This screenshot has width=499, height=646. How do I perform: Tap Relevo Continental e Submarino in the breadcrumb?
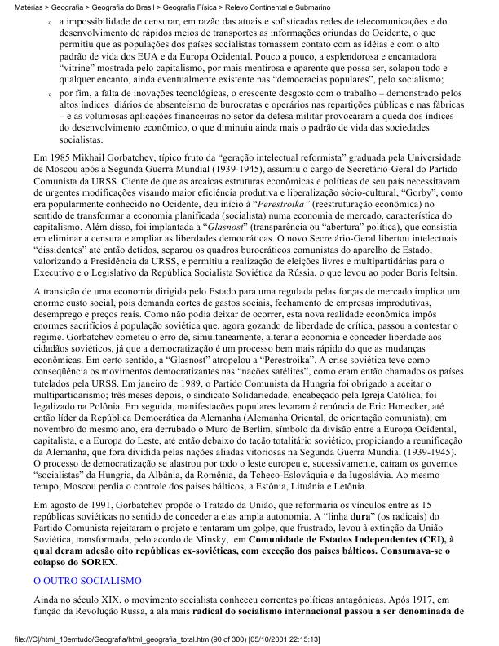[x=280, y=5]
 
